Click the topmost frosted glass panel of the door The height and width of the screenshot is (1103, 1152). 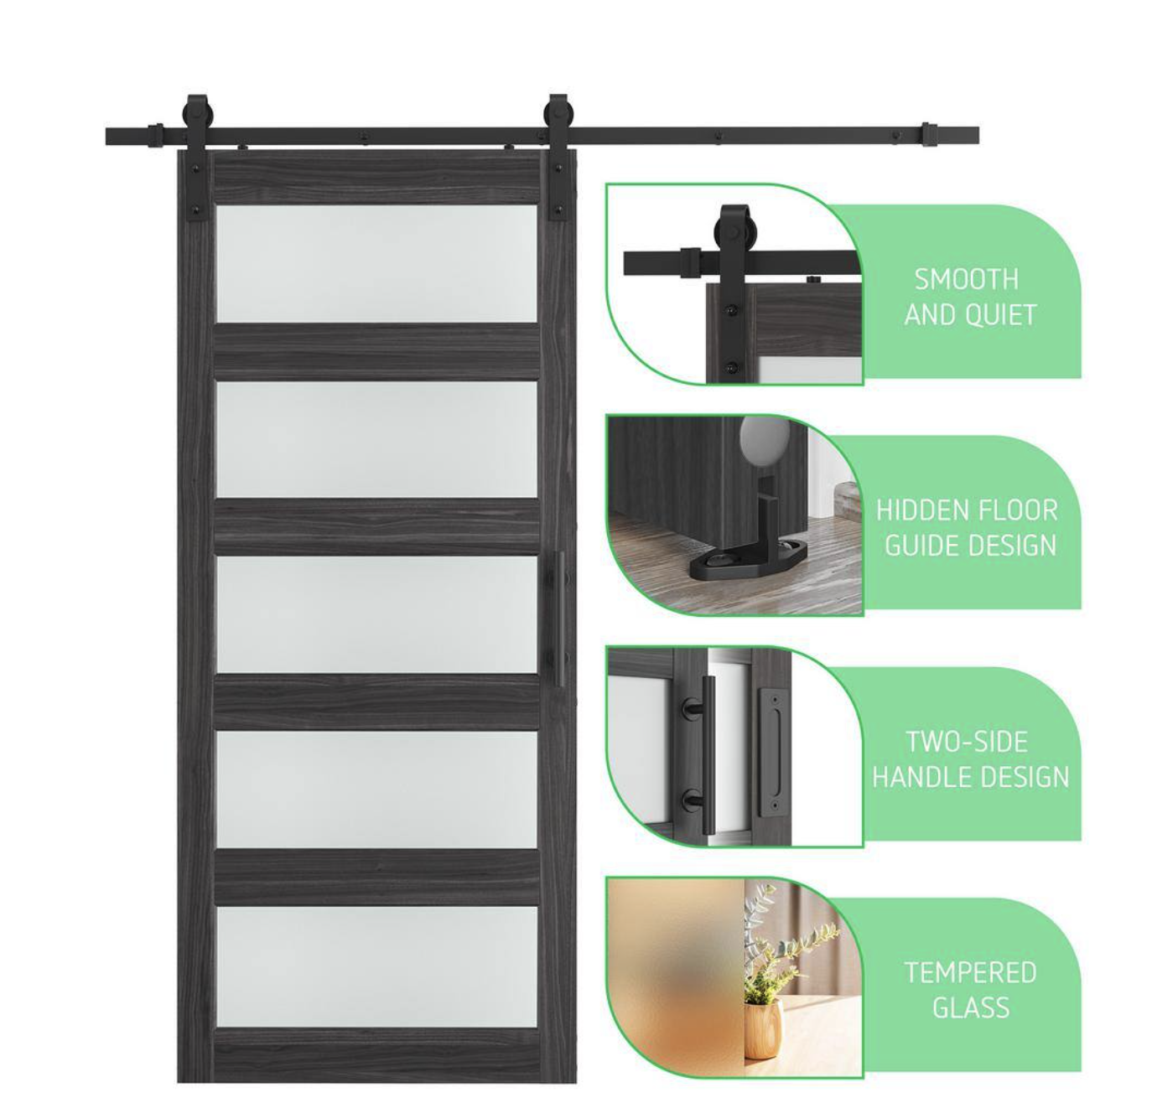(376, 263)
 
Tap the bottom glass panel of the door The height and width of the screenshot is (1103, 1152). (376, 966)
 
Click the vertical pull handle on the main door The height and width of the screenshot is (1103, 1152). (559, 619)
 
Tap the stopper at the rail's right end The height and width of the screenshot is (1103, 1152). (929, 136)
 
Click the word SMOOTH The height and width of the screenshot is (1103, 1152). (966, 279)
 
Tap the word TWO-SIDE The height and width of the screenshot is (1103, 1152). (967, 742)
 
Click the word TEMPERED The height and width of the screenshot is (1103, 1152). (970, 972)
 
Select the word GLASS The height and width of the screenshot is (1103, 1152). (971, 1007)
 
